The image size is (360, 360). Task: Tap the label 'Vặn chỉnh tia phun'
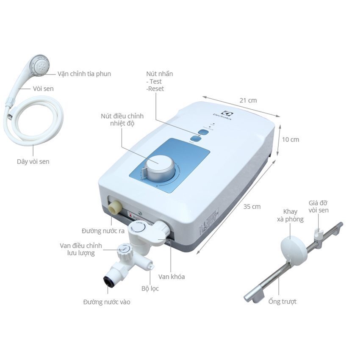(x=84, y=74)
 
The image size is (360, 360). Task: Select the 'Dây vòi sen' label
(x=33, y=161)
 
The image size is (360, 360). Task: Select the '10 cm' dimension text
(x=290, y=139)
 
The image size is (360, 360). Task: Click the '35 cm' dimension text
(x=252, y=207)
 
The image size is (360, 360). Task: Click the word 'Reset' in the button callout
(x=155, y=89)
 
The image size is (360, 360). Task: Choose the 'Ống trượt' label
(x=282, y=302)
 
